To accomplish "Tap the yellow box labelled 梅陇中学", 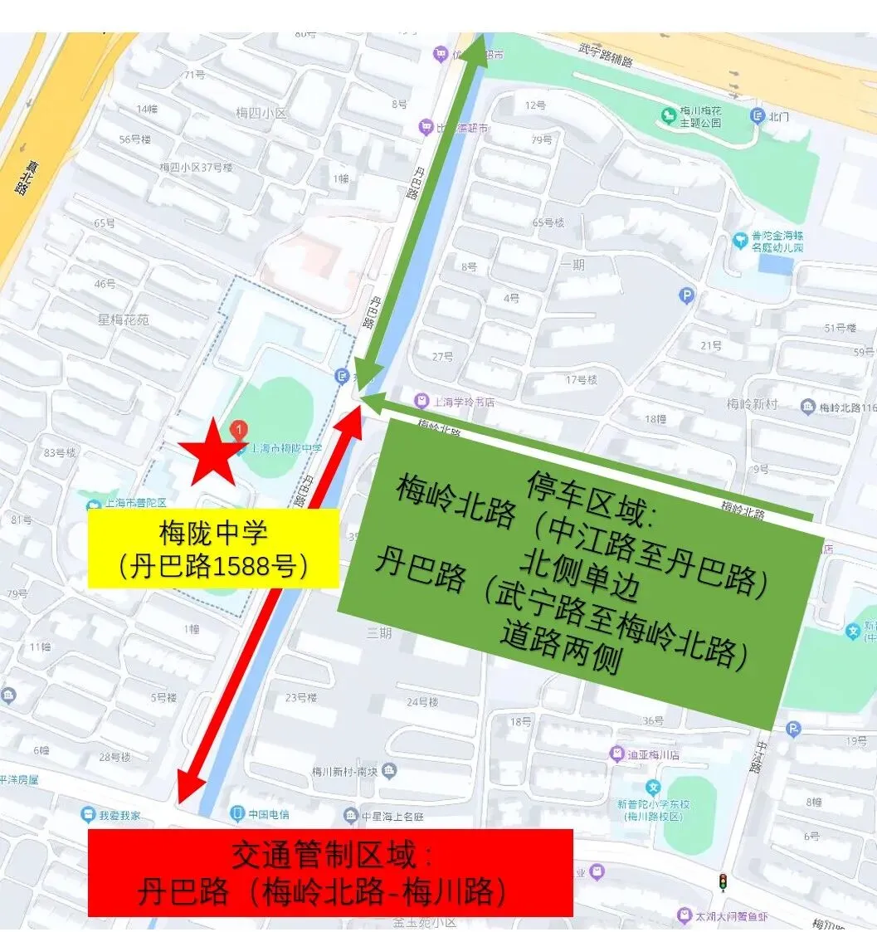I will [214, 549].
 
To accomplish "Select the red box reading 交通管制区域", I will [330, 872].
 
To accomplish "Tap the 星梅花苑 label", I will [123, 320].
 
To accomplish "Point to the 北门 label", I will [777, 117].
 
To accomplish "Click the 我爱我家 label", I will [120, 815].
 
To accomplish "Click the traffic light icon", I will [723, 881].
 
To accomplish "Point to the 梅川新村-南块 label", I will [343, 771].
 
